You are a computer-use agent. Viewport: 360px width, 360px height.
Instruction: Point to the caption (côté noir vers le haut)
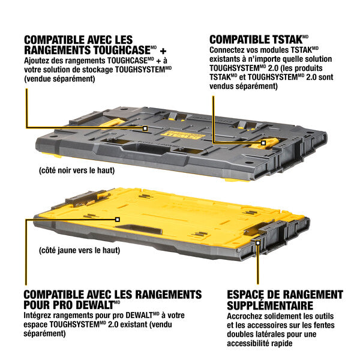click(76, 170)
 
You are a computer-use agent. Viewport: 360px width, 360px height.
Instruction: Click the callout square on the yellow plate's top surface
click(118, 220)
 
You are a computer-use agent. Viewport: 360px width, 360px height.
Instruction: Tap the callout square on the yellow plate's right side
click(258, 244)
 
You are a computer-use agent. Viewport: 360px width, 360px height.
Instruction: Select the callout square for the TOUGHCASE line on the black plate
click(145, 128)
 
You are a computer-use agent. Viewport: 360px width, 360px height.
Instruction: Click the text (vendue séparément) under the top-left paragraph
click(60, 79)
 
